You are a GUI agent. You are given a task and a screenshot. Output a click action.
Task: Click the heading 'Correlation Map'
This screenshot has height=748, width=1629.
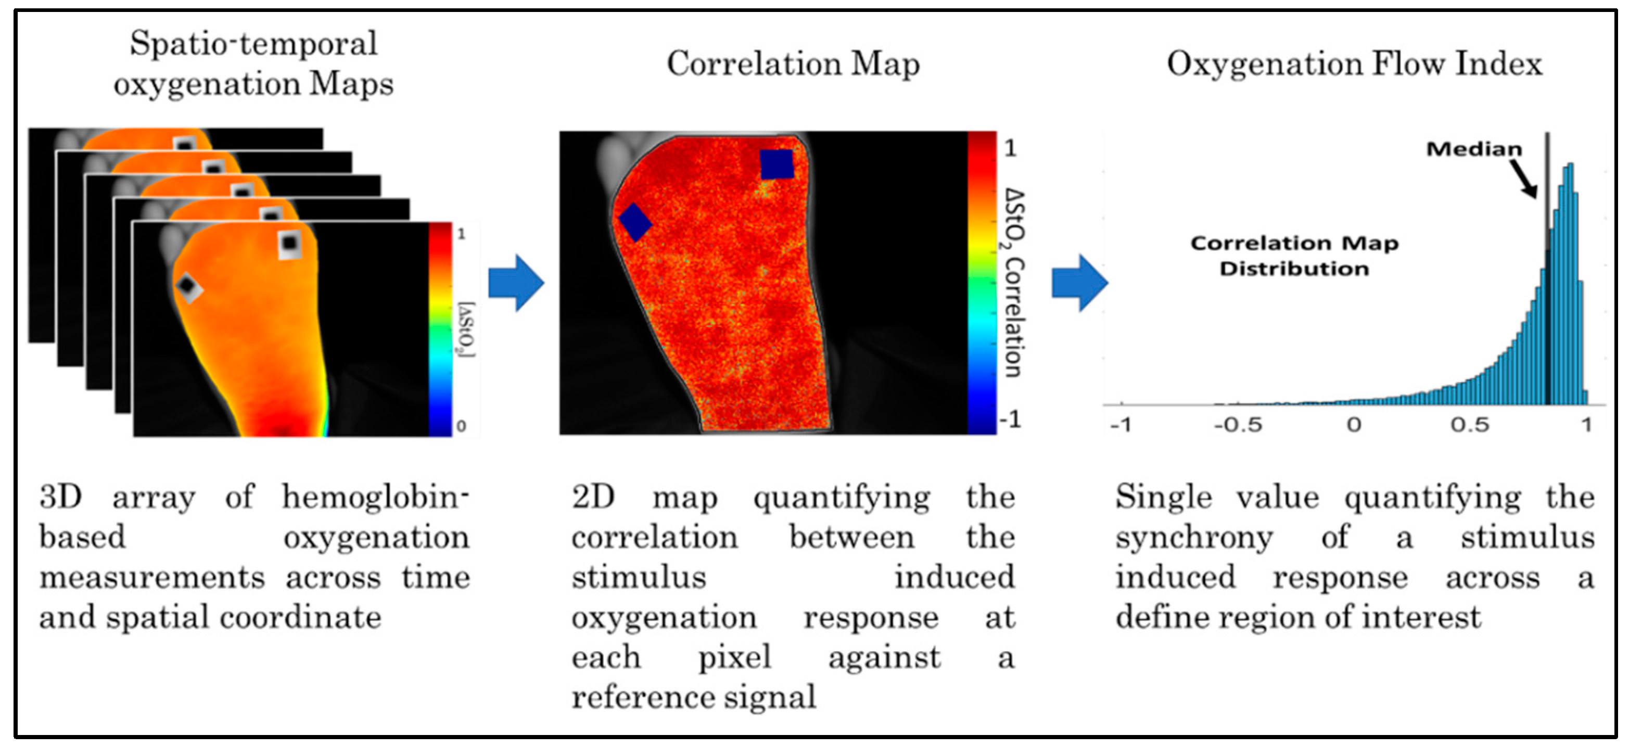pyautogui.click(x=793, y=65)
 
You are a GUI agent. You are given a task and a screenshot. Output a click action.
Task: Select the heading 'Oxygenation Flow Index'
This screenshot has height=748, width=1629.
pyautogui.click(x=1354, y=65)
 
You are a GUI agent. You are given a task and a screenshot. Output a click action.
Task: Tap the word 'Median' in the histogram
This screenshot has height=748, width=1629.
pyautogui.click(x=1473, y=149)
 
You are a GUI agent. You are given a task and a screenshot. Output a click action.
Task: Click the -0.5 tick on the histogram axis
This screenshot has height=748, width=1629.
pyautogui.click(x=1238, y=425)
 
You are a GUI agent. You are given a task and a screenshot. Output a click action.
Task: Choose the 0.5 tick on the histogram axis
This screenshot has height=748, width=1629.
pyautogui.click(x=1470, y=425)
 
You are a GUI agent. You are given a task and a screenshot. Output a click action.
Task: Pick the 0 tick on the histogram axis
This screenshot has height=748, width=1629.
pyautogui.click(x=1353, y=425)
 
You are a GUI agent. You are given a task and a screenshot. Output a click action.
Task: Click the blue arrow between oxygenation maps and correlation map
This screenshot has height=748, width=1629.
pyautogui.click(x=516, y=283)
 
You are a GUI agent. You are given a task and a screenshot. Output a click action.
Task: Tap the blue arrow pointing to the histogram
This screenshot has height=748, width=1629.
pyautogui.click(x=1079, y=283)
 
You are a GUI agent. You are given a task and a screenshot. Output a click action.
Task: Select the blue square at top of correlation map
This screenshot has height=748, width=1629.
pyautogui.click(x=777, y=164)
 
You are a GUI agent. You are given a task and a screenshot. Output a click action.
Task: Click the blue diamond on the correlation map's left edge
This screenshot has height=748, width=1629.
pyautogui.click(x=635, y=221)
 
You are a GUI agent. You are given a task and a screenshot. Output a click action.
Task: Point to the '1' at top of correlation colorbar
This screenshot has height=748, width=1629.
pyautogui.click(x=1010, y=148)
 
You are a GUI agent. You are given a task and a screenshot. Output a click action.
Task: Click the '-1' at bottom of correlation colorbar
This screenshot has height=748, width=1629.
pyautogui.click(x=1009, y=419)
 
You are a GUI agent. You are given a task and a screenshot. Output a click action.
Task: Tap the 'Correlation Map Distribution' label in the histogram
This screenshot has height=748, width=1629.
pyautogui.click(x=1294, y=256)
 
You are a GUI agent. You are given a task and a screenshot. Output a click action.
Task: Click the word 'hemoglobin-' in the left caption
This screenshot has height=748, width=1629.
pyautogui.click(x=376, y=497)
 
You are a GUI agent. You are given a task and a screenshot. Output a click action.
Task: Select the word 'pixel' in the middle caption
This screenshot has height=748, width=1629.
pyautogui.click(x=734, y=657)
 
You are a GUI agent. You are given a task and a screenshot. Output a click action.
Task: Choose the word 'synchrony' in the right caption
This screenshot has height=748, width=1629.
pyautogui.click(x=1194, y=538)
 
